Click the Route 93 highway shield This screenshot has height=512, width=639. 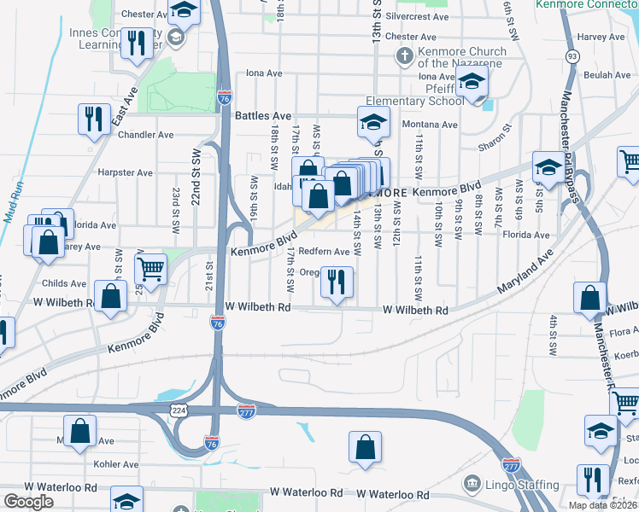tap(571, 55)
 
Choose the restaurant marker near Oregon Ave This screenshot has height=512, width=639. tap(337, 282)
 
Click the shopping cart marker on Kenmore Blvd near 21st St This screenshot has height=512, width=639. tap(150, 269)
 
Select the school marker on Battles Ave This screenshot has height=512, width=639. tap(372, 121)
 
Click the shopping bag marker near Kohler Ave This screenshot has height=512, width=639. tap(79, 431)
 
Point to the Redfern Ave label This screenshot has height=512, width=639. tap(324, 252)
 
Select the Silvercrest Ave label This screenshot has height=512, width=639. tap(417, 16)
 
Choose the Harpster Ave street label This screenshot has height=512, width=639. tap(126, 172)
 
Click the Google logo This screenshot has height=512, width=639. tap(27, 503)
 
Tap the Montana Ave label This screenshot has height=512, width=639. tap(430, 125)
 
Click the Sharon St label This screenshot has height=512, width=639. tap(495, 138)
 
